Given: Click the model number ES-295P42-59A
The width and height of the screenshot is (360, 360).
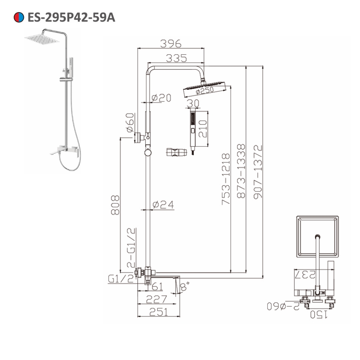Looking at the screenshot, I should [x=71, y=17].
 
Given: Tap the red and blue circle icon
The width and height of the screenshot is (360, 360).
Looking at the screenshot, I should [x=18, y=17].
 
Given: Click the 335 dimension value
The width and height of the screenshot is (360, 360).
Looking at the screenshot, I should [x=176, y=58].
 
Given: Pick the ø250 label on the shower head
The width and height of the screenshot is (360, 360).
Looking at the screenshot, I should [x=204, y=90].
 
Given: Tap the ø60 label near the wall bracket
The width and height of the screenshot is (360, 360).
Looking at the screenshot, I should [x=130, y=122].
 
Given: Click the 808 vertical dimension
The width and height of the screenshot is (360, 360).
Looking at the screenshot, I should [x=115, y=205].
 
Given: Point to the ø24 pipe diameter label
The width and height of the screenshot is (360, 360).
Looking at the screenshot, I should [x=163, y=204].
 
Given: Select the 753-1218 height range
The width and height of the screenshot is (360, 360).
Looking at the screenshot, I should [x=226, y=179].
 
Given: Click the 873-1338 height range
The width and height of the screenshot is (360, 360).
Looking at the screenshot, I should [x=241, y=171].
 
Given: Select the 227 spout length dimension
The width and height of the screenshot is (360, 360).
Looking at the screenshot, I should [x=157, y=299].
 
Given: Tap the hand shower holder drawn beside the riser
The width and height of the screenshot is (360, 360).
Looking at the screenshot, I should [x=176, y=152].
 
